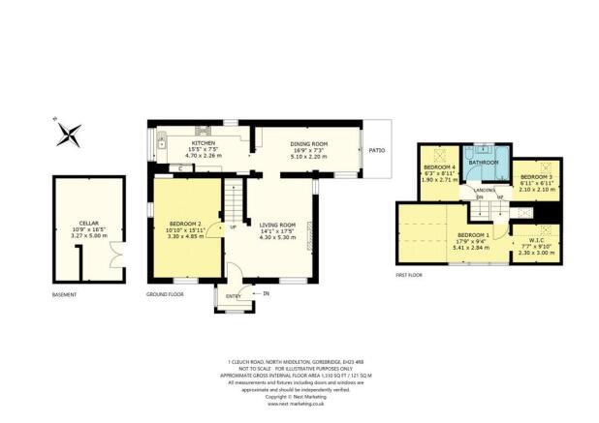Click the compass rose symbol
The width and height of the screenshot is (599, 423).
click(68, 135)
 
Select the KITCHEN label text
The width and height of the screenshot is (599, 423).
click(203, 143)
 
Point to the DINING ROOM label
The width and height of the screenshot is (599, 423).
click(309, 144)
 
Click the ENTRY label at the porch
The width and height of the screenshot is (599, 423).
click(233, 295)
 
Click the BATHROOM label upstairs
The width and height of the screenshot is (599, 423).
click(483, 163)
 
